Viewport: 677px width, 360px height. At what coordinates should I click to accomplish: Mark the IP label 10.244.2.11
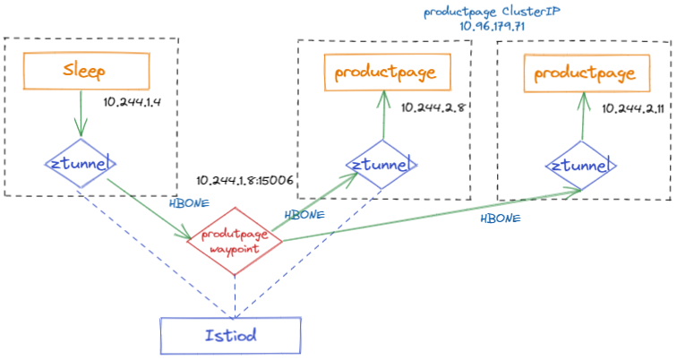click(x=631, y=107)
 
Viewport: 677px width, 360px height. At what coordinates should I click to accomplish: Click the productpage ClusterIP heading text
click(x=487, y=13)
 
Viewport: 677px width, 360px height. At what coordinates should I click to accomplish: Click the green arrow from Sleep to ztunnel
click(x=79, y=112)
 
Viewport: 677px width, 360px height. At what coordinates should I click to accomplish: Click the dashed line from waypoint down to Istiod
click(x=233, y=291)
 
